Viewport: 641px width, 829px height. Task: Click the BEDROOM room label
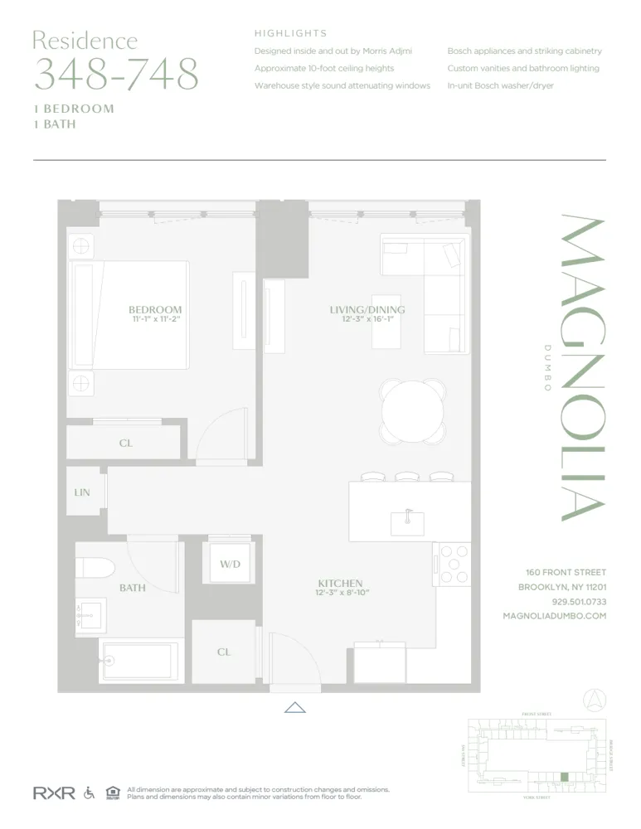[x=154, y=309]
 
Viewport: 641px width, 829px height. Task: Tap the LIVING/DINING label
[x=367, y=310]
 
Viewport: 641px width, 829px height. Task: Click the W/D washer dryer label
[x=230, y=565]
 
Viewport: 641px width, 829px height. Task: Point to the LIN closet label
[x=81, y=492]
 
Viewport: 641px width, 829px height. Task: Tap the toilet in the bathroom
[x=94, y=568]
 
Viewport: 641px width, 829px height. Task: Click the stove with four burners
[x=452, y=565]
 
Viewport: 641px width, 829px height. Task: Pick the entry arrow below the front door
[x=295, y=707]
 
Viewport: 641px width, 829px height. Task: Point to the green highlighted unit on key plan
[x=565, y=777]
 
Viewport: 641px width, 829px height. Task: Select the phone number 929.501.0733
[x=578, y=602]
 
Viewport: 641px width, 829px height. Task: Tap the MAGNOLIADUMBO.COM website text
[x=554, y=616]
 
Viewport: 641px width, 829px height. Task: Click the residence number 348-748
[x=116, y=75]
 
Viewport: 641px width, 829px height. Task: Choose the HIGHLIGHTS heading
[x=290, y=34]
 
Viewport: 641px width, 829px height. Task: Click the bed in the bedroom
[x=129, y=315]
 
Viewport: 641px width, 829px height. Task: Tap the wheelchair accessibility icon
[x=89, y=793]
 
